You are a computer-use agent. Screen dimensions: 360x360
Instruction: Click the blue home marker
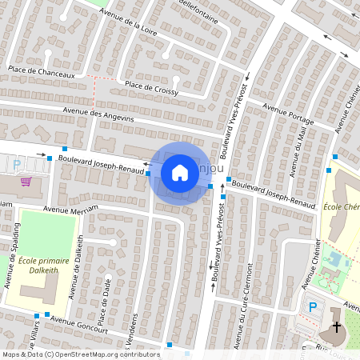coord(180,172)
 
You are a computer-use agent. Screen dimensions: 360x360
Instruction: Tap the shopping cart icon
coord(26,182)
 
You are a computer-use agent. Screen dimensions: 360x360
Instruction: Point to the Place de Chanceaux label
coord(41,73)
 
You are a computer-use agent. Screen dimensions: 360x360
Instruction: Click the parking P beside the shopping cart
coord(17,165)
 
